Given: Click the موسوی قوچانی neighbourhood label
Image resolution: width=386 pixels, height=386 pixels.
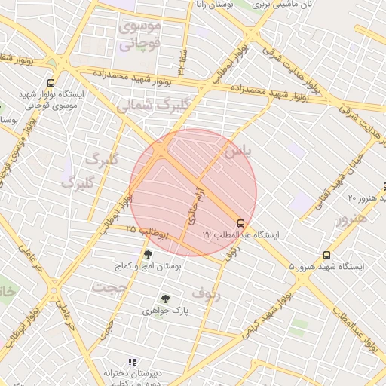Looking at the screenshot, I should click(139, 36).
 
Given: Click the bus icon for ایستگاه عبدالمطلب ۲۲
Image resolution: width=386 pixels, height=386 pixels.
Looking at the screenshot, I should click(240, 223).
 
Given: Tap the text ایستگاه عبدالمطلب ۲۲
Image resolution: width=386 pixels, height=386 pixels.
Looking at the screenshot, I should click(240, 236).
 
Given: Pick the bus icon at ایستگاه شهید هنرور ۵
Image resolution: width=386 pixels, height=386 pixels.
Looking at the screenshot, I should click(326, 255).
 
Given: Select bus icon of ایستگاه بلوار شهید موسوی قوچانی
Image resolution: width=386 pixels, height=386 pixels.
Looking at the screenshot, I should click(51, 83).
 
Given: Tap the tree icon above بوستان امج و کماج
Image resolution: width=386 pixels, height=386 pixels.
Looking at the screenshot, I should click(147, 254).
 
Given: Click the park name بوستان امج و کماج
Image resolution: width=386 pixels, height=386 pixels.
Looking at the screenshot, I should click(148, 267).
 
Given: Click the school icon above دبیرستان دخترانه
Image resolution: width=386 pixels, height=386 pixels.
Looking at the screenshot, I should click(133, 362).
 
